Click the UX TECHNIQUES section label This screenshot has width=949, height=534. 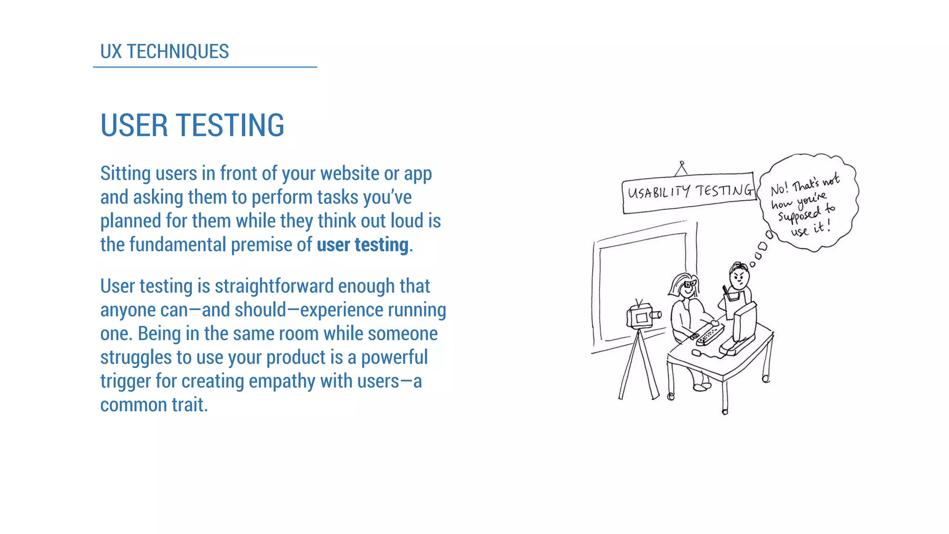[x=164, y=51]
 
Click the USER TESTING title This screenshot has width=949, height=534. [x=192, y=125]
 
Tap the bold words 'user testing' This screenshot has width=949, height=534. [x=363, y=245]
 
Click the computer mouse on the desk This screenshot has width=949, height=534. [x=696, y=353]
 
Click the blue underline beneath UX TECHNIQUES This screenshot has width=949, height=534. [x=205, y=67]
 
